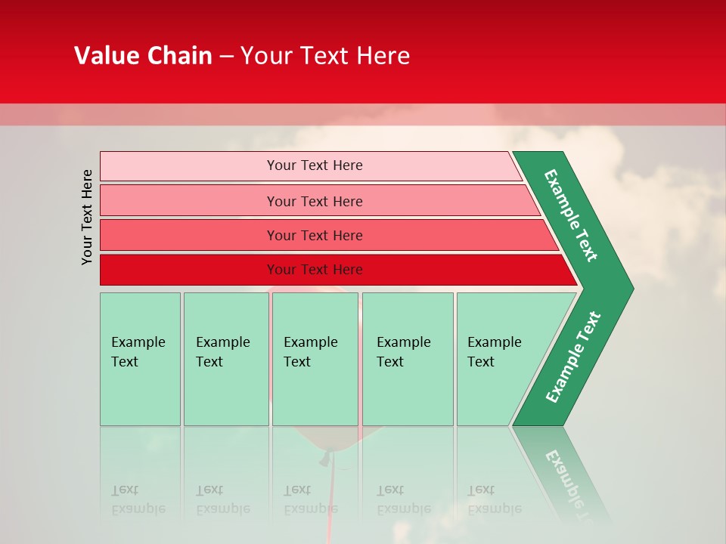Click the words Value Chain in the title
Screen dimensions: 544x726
coord(143,56)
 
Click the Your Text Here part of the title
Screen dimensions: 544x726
coord(325,56)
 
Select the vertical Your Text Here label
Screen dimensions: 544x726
coord(88,217)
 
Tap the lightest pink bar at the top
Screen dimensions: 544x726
coord(189,166)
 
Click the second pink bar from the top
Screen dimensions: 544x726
coord(189,201)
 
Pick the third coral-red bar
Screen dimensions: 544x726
coord(189,235)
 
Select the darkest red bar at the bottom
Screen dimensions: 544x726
coord(189,270)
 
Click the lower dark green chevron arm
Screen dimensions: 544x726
coord(572,358)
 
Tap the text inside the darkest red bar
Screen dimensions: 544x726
coord(315,270)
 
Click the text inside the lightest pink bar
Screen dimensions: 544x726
coord(315,165)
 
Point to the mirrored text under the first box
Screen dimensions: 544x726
coord(138,500)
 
